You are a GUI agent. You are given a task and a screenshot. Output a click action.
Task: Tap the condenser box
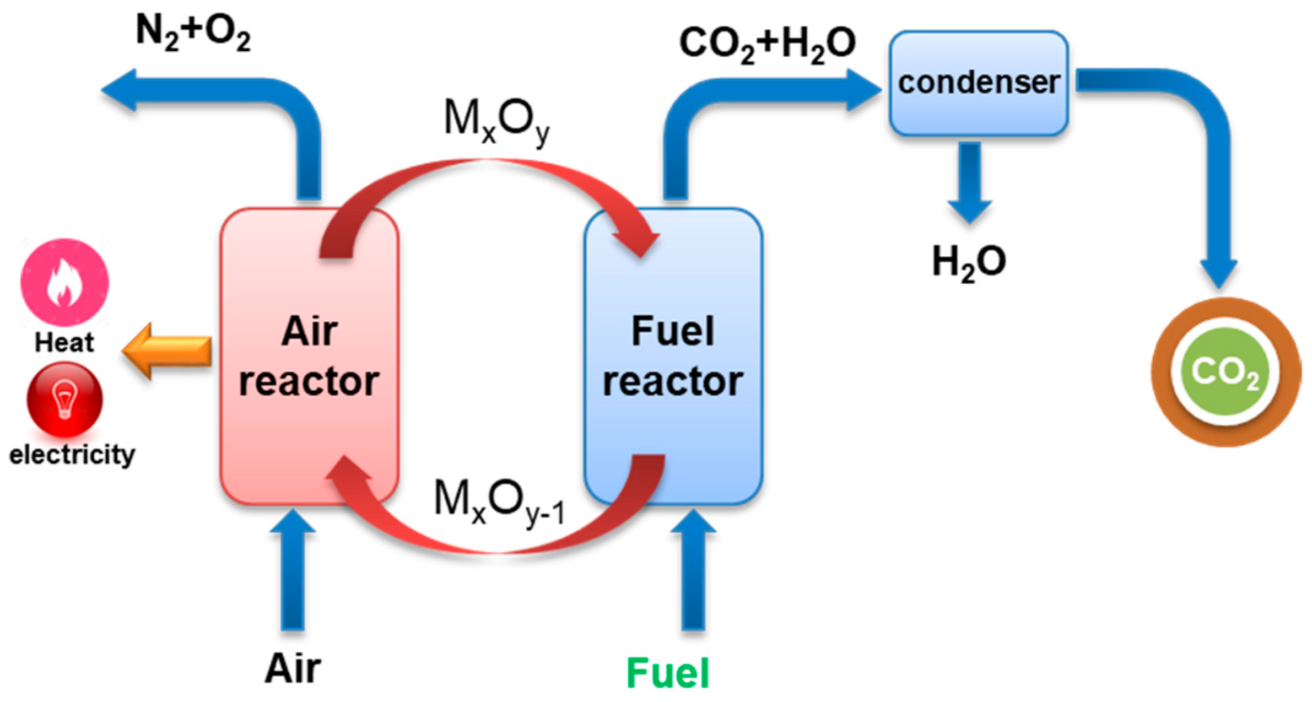pyautogui.click(x=978, y=83)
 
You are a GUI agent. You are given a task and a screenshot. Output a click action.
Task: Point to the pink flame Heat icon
pyautogui.click(x=64, y=282)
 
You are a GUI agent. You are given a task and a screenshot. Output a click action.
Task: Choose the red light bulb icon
pyautogui.click(x=64, y=398)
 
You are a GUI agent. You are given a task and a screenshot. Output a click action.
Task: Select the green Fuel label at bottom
pyautogui.click(x=667, y=673)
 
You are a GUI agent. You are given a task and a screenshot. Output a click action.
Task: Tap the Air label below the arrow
pyautogui.click(x=293, y=669)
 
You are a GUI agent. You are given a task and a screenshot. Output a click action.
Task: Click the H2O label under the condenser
pyautogui.click(x=968, y=262)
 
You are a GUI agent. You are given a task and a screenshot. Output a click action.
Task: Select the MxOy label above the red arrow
pyautogui.click(x=496, y=121)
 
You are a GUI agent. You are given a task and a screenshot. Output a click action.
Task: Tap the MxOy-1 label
pyautogui.click(x=499, y=501)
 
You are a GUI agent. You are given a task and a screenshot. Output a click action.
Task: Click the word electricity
pyautogui.click(x=72, y=455)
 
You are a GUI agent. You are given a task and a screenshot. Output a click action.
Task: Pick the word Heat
pyautogui.click(x=64, y=342)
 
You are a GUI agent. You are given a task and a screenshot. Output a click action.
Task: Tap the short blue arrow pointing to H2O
pyautogui.click(x=969, y=182)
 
